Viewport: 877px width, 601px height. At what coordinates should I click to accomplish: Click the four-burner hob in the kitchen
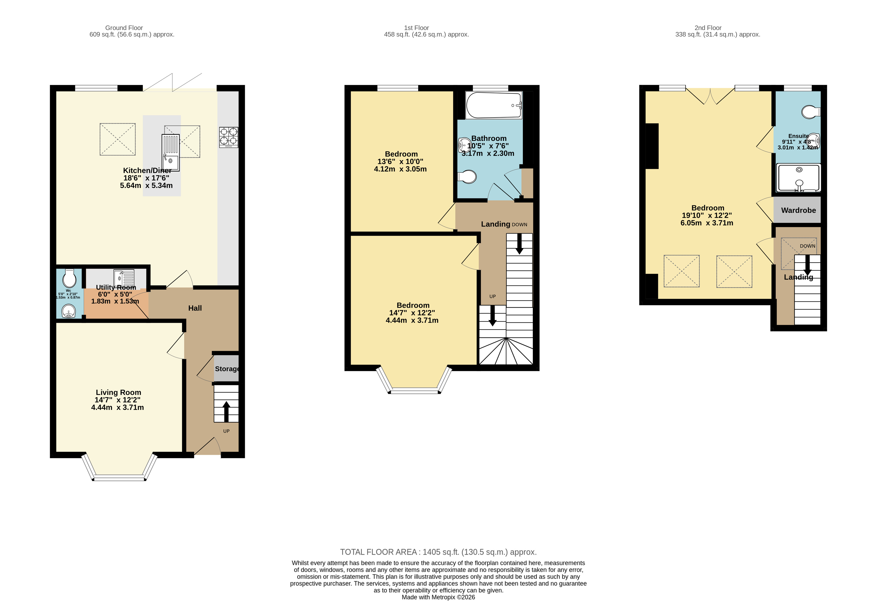(x=229, y=137)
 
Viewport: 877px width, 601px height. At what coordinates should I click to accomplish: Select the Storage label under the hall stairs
(x=227, y=369)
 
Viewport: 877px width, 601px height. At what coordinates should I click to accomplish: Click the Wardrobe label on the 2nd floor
(x=798, y=210)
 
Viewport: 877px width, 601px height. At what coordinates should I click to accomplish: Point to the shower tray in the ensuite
(x=798, y=177)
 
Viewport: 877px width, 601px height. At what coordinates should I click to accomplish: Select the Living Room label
(x=118, y=392)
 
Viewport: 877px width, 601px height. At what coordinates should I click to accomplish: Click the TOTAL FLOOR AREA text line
(x=438, y=552)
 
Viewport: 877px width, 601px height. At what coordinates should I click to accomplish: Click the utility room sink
(x=124, y=278)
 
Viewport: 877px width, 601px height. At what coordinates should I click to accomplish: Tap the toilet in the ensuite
(x=810, y=112)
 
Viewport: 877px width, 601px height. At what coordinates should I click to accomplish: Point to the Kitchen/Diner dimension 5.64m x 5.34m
(x=146, y=185)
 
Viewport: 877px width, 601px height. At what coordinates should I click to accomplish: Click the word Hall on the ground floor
(x=195, y=308)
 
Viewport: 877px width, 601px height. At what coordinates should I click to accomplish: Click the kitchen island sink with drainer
(x=171, y=153)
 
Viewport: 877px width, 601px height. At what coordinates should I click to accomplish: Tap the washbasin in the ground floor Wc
(x=69, y=312)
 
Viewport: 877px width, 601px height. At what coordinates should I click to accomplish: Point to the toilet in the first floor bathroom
(x=467, y=177)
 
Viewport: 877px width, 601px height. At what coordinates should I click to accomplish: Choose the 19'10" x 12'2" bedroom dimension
(x=706, y=215)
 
